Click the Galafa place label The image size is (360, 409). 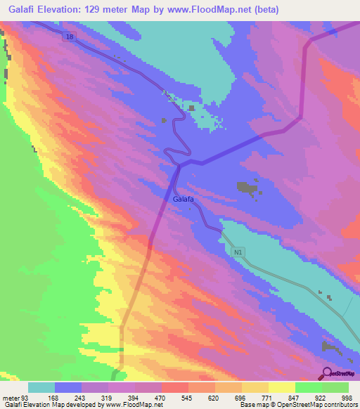click(x=183, y=199)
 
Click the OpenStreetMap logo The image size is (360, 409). click(x=337, y=373)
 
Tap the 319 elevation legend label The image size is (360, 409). click(x=108, y=398)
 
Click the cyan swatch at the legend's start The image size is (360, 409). click(x=41, y=387)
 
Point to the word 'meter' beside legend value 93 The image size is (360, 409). click(x=12, y=398)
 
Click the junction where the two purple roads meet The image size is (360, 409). click(x=179, y=165)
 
